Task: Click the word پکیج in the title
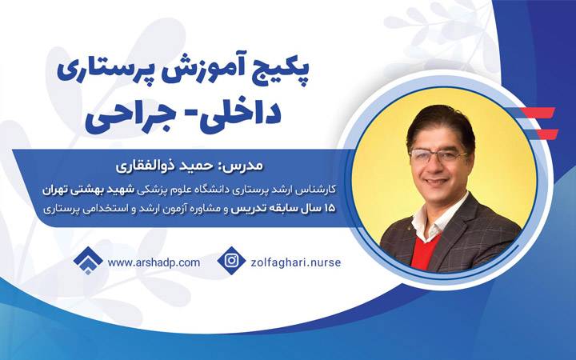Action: (x=290, y=74)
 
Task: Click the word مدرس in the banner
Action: (x=242, y=166)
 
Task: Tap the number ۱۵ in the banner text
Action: (x=329, y=208)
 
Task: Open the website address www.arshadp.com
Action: (x=154, y=262)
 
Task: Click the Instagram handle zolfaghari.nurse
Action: (x=296, y=262)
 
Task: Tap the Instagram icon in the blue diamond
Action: (x=231, y=261)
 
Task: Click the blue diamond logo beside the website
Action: (x=88, y=261)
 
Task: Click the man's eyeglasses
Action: (x=438, y=155)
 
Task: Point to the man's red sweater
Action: (x=426, y=250)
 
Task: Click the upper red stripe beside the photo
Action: (x=540, y=113)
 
